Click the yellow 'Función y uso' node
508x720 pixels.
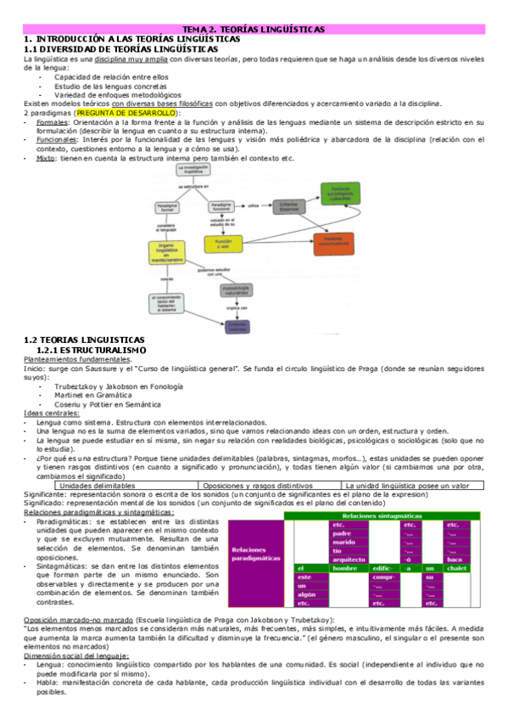click(223, 244)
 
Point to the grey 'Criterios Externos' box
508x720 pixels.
click(289, 205)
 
